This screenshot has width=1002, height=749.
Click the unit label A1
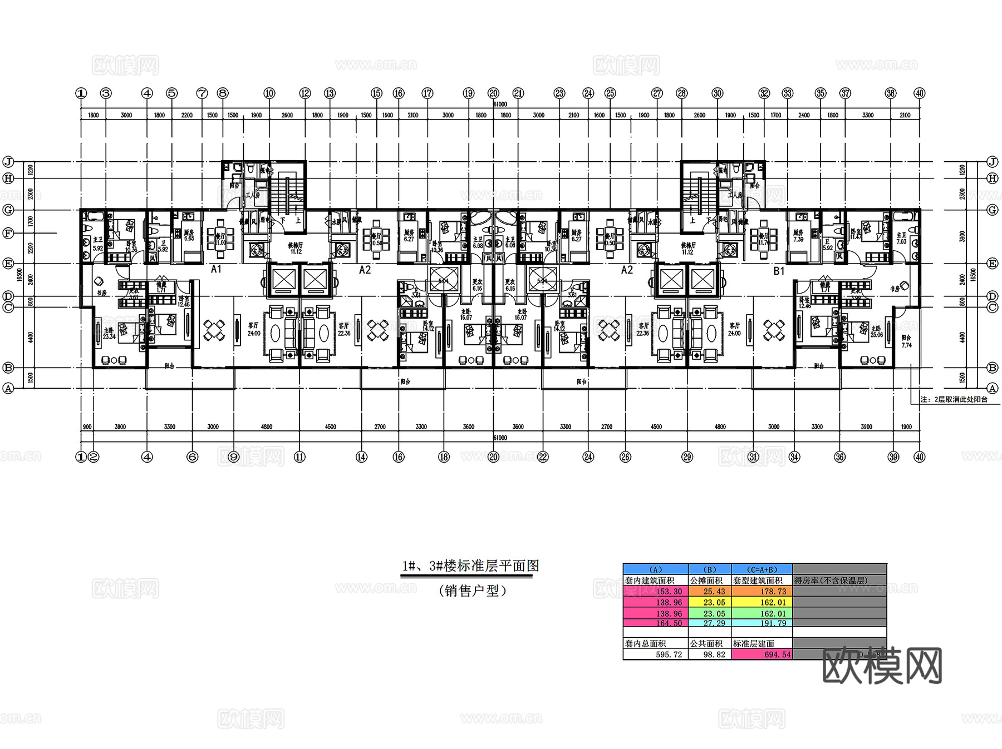click(216, 269)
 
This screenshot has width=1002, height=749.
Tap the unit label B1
click(779, 271)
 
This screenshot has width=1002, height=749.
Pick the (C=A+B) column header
click(762, 569)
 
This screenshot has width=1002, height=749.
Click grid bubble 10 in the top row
click(269, 93)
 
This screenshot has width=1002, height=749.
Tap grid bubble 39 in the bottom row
click(893, 457)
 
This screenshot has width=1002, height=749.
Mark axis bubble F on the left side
click(8, 234)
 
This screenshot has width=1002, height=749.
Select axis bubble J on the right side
click(992, 162)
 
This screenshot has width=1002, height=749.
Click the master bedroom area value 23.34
click(109, 336)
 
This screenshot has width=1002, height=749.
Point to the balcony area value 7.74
click(906, 345)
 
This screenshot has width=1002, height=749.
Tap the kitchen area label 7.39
click(798, 239)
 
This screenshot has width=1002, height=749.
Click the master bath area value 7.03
click(901, 241)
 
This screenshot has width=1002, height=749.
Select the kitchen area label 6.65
click(189, 239)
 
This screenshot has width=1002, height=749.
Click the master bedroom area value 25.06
click(876, 335)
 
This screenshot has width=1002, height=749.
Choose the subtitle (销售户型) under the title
click(473, 591)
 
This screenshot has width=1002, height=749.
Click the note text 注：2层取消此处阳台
click(954, 399)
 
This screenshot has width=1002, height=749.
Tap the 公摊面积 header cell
click(706, 581)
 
